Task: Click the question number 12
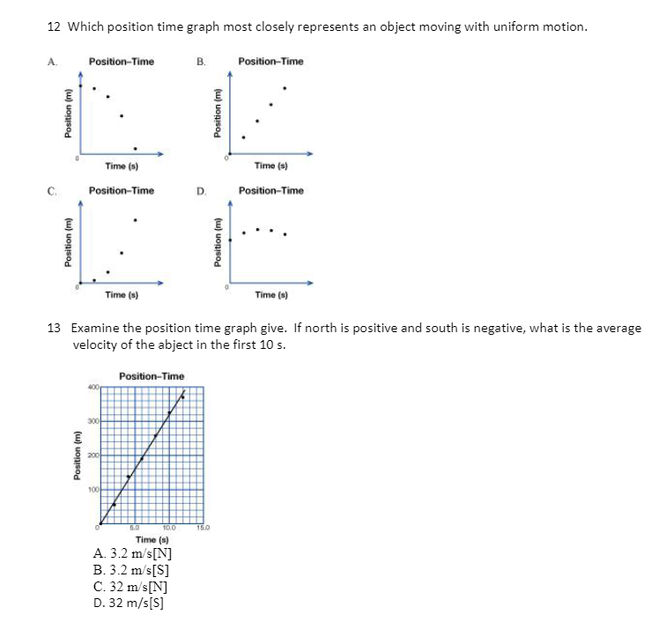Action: coord(53,26)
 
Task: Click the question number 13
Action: coord(53,328)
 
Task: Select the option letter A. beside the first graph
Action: coord(52,62)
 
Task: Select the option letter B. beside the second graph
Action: coord(201,62)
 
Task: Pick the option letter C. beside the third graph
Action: coord(52,190)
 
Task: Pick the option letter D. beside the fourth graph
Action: coord(201,190)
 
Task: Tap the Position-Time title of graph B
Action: coord(270,62)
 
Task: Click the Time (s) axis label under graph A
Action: coord(121,166)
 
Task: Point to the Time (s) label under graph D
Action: coord(270,295)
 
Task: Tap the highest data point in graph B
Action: coord(284,88)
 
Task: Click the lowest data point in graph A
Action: coord(135,148)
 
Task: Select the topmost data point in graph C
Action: coord(135,219)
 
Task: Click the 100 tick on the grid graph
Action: coord(92,488)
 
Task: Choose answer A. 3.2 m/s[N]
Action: coord(132,554)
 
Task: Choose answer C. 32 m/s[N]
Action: coord(130,586)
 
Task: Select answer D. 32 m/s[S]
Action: coord(129,603)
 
